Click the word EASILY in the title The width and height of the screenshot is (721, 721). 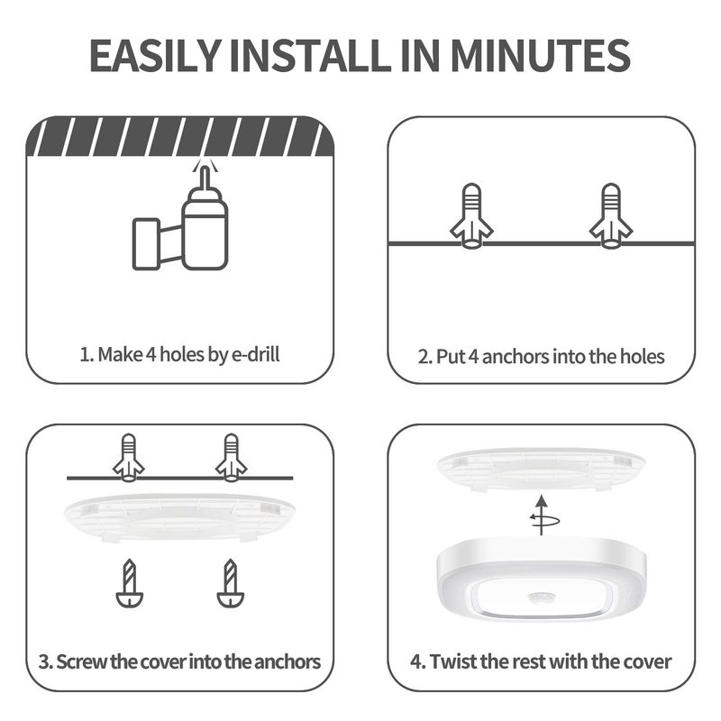pyautogui.click(x=155, y=56)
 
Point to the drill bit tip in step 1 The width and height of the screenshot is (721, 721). pyautogui.click(x=205, y=169)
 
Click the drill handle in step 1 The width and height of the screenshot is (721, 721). pyautogui.click(x=146, y=243)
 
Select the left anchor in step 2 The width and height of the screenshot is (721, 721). pyautogui.click(x=471, y=216)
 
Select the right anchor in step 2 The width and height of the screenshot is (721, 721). pyautogui.click(x=611, y=216)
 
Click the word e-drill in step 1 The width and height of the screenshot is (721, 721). pyautogui.click(x=255, y=354)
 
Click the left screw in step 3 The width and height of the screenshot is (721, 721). pyautogui.click(x=129, y=583)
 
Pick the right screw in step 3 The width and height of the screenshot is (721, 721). pyautogui.click(x=231, y=583)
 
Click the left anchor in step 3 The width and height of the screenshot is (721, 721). pyautogui.click(x=129, y=458)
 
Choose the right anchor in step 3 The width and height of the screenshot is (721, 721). pyautogui.click(x=232, y=458)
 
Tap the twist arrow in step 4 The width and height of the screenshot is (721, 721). pyautogui.click(x=543, y=516)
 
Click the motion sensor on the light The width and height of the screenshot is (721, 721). pyautogui.click(x=543, y=598)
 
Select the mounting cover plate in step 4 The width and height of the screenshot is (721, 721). pyautogui.click(x=542, y=470)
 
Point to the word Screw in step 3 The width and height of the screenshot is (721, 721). pyautogui.click(x=82, y=662)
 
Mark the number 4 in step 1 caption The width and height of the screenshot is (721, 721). pyautogui.click(x=151, y=354)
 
